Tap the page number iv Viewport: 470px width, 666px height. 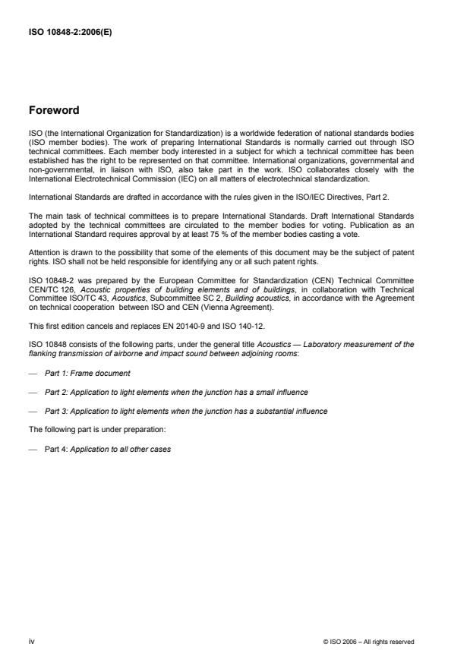[32, 642]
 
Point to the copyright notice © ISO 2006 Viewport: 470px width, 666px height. [368, 642]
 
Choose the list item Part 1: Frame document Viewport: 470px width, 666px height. [87, 373]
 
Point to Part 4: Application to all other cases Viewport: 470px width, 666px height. [107, 449]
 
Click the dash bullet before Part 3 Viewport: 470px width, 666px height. [32, 411]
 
